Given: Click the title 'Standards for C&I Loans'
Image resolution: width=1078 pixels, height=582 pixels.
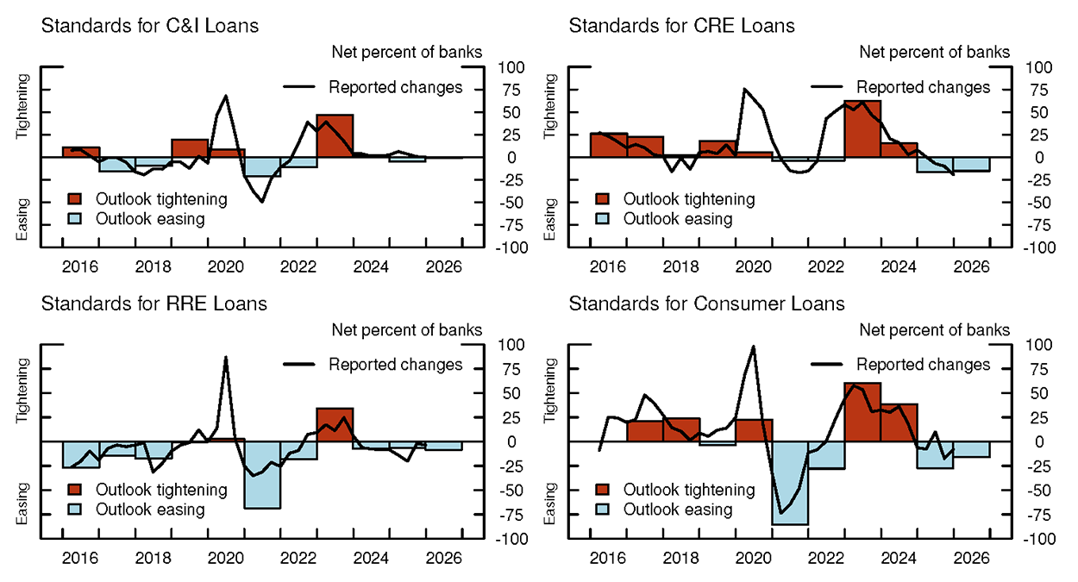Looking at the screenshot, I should [x=150, y=26].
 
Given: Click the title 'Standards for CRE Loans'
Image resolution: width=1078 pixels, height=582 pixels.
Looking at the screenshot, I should [x=681, y=26].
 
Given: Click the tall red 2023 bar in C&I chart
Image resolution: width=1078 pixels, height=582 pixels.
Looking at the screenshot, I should [x=335, y=135].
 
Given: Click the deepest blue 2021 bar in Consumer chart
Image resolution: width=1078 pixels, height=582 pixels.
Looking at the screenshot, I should [x=790, y=482].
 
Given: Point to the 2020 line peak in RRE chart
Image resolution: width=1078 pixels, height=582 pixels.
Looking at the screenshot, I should [x=226, y=357].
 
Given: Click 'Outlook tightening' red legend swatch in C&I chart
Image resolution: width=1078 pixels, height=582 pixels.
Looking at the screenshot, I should [x=75, y=200].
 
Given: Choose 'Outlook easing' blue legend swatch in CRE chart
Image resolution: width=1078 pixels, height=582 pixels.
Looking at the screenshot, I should [x=603, y=219].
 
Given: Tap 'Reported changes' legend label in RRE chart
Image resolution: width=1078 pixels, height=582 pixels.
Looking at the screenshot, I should [x=396, y=365].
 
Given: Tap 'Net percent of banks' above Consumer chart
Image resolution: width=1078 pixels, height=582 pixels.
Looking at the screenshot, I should [x=935, y=329].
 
